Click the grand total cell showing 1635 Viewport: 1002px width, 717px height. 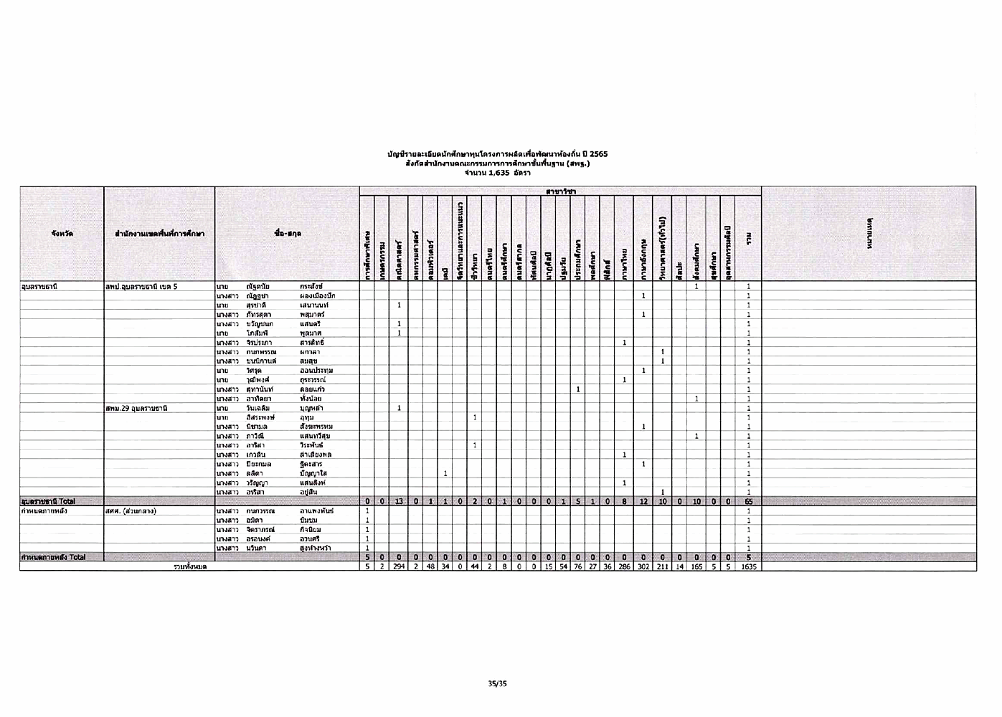pos(748,566)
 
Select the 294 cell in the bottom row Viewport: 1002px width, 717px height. pos(399,566)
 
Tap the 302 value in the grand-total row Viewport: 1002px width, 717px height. pos(643,566)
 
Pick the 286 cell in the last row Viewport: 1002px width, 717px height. pos(625,566)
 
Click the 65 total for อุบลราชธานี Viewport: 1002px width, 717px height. pos(748,501)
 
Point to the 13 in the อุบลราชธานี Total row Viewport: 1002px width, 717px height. pos(399,501)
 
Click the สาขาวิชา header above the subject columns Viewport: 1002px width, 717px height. pos(560,191)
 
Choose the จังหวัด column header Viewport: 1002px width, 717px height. pos(62,234)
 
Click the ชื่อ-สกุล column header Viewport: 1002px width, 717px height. pos(287,234)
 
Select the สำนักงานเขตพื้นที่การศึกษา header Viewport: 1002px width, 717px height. pos(159,234)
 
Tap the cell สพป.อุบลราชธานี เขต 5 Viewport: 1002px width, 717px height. pos(141,287)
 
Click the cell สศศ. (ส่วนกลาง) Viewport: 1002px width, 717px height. pos(131,511)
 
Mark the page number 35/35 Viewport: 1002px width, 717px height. pos(497,683)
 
